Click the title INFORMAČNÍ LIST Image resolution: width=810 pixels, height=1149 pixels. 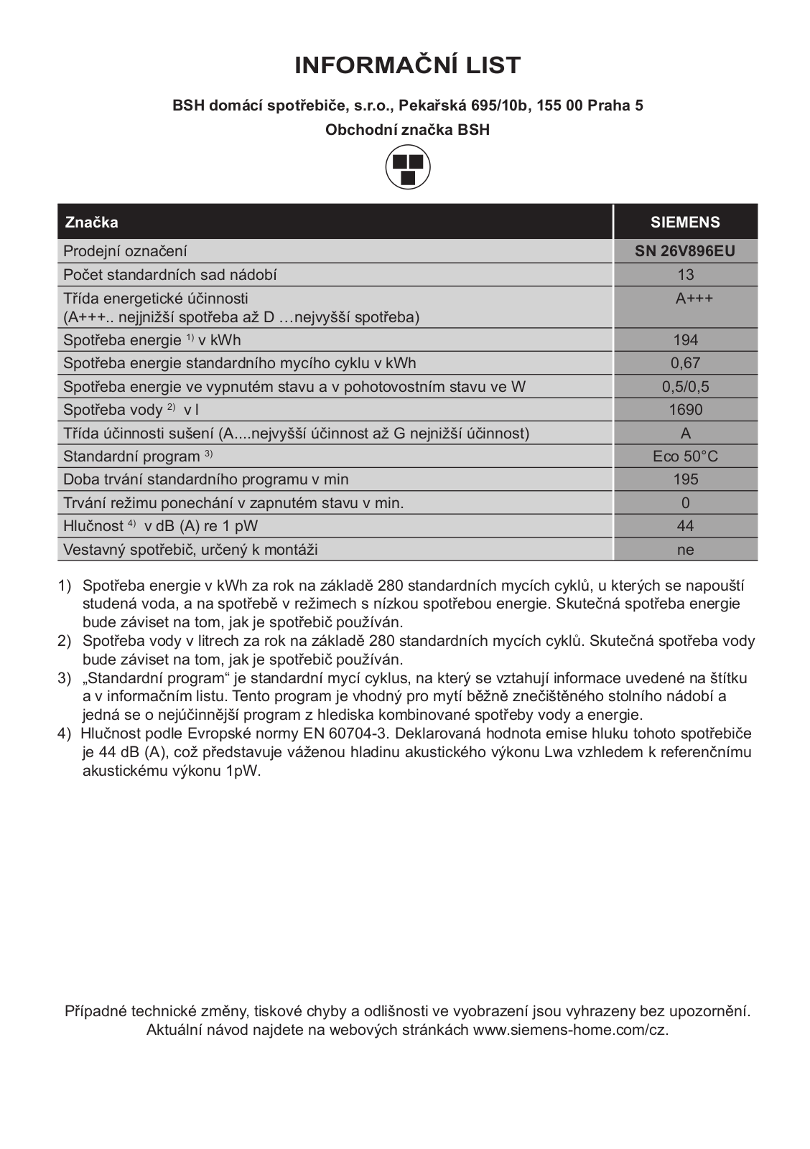[407, 65]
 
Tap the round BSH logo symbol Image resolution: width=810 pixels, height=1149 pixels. [408, 167]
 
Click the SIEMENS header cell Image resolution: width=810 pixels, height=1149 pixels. [685, 222]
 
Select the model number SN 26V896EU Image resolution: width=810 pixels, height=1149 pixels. [685, 251]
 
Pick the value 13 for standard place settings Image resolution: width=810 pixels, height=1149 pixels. [685, 275]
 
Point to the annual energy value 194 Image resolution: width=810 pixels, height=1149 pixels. [685, 340]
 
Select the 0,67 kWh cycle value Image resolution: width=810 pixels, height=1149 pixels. [685, 363]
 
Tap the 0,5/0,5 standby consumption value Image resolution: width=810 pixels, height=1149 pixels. [685, 387]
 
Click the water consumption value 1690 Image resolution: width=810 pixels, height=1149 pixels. [685, 410]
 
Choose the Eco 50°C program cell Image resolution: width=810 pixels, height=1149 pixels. [685, 456]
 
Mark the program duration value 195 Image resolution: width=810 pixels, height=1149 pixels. [685, 479]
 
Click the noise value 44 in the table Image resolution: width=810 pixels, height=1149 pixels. [685, 526]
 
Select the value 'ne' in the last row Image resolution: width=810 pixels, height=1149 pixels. [685, 550]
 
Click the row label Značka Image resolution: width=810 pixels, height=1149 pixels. [91, 222]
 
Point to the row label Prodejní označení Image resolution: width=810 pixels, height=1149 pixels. [125, 251]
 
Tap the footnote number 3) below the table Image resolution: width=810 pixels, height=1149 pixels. [65, 678]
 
